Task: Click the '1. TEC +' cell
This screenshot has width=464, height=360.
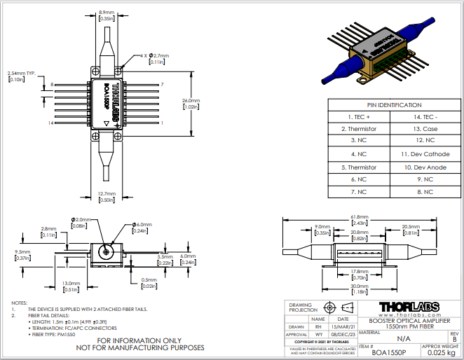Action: coord(359,116)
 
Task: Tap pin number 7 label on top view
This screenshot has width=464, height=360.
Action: coord(162,84)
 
